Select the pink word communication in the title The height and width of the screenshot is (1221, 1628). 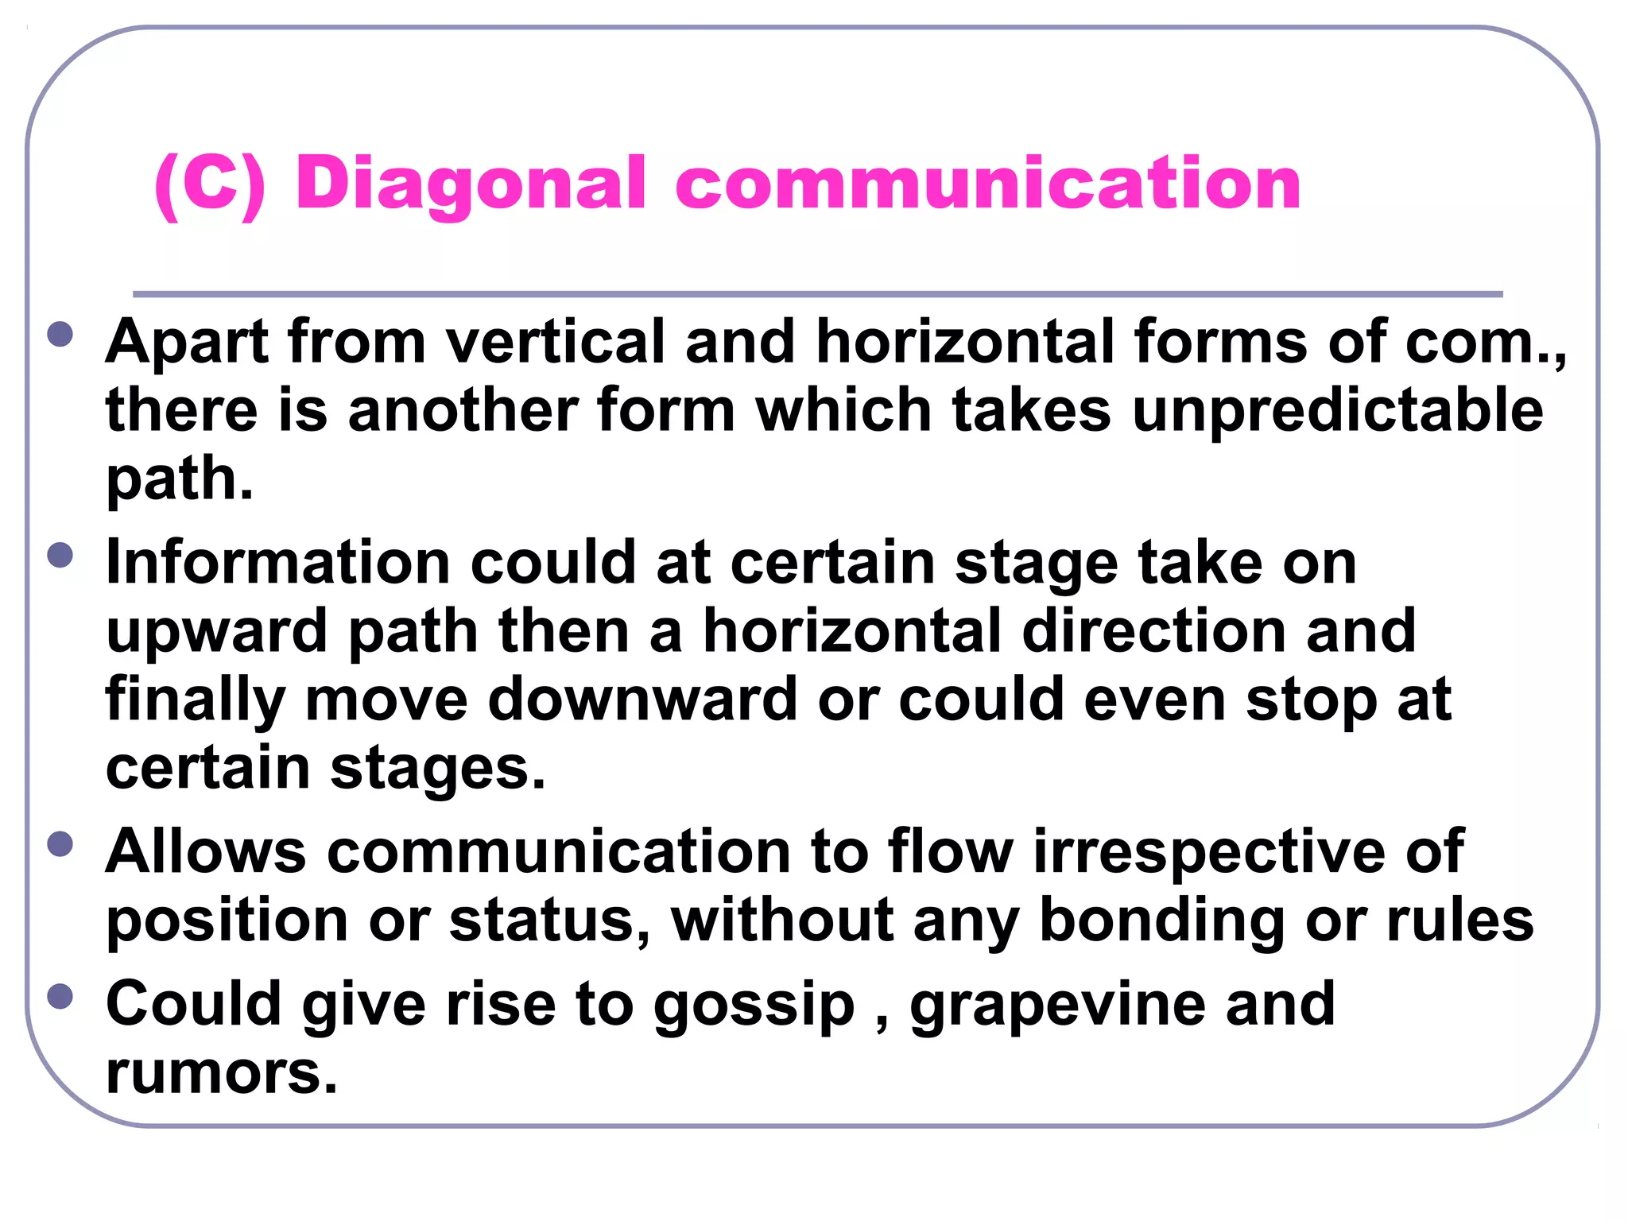[987, 184]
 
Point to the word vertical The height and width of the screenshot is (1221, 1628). [555, 342]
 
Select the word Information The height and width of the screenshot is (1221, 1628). [278, 563]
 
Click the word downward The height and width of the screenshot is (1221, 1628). [642, 700]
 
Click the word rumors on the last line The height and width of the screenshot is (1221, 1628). [221, 1073]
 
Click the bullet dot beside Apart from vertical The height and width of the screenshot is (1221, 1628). [60, 334]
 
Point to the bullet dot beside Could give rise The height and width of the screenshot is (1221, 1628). [60, 996]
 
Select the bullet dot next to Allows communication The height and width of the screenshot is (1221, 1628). [60, 843]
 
